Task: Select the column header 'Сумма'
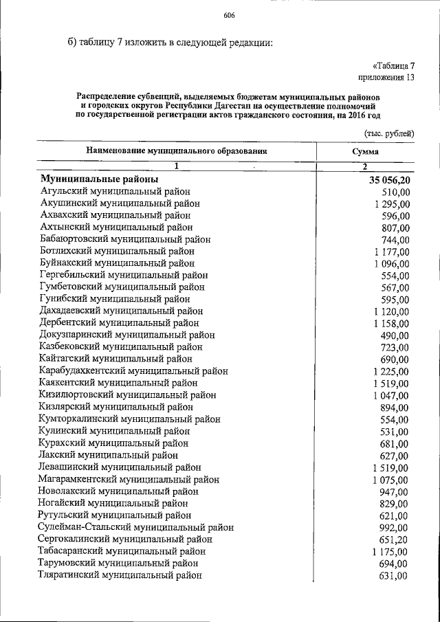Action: click(364, 151)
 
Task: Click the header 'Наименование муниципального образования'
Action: click(176, 151)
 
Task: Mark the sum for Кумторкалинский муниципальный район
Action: click(395, 419)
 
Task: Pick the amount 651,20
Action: click(395, 539)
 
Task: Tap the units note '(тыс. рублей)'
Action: click(388, 131)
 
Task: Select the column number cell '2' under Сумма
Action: click(365, 166)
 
